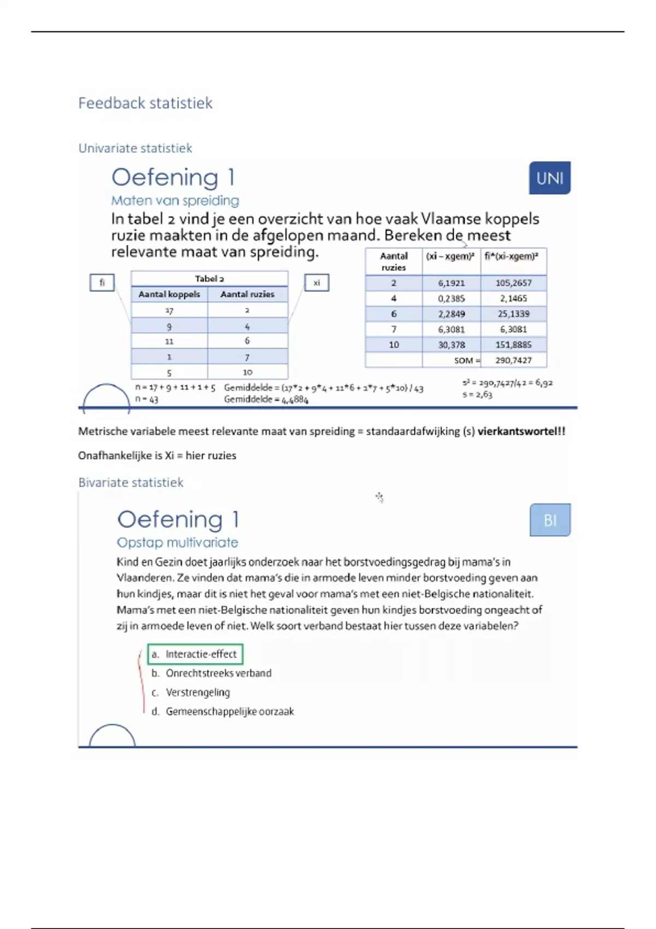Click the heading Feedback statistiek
pyautogui.click(x=145, y=103)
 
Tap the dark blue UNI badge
pyautogui.click(x=549, y=178)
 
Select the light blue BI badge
pyautogui.click(x=550, y=520)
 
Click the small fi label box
pyautogui.click(x=102, y=283)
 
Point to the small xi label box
pyautogui.click(x=317, y=283)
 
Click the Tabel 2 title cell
pyautogui.click(x=209, y=279)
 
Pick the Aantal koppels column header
pyautogui.click(x=169, y=295)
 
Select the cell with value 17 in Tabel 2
pyautogui.click(x=169, y=310)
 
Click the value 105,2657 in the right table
pyautogui.click(x=513, y=283)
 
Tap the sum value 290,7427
pyautogui.click(x=513, y=360)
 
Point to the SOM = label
pyautogui.click(x=467, y=361)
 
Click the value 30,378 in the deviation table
pyautogui.click(x=452, y=345)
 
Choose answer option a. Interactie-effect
pyautogui.click(x=195, y=654)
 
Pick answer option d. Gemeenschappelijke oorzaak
pyautogui.click(x=222, y=712)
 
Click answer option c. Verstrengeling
pyautogui.click(x=190, y=692)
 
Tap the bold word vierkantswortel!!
pyautogui.click(x=521, y=431)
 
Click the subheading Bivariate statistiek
pyautogui.click(x=131, y=483)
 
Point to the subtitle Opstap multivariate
pyautogui.click(x=177, y=543)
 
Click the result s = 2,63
pyautogui.click(x=477, y=395)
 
